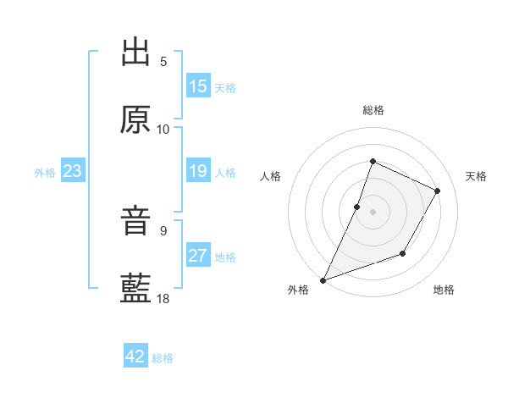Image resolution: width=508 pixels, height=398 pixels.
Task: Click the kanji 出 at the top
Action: click(x=136, y=52)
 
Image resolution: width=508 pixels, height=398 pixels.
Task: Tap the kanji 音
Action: click(x=136, y=222)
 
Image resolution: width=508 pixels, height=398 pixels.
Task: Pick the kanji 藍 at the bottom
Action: click(x=136, y=289)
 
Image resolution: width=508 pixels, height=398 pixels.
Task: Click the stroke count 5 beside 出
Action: click(x=163, y=61)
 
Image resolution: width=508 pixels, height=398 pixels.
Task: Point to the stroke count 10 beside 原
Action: click(x=163, y=129)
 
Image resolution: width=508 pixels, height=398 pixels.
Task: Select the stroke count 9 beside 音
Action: click(x=163, y=230)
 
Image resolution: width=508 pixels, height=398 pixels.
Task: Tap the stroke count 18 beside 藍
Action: click(x=163, y=298)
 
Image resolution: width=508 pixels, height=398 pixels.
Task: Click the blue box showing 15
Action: click(x=198, y=86)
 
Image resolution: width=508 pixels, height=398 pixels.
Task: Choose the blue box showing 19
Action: click(x=198, y=171)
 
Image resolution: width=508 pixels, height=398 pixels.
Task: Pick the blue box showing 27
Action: click(x=198, y=256)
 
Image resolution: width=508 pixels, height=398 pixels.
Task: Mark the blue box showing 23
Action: click(x=73, y=171)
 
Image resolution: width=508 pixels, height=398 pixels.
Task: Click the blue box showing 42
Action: click(x=135, y=357)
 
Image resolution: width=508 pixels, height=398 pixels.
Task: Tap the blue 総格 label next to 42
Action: click(x=163, y=357)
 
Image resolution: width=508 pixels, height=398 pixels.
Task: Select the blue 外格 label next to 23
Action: click(x=45, y=172)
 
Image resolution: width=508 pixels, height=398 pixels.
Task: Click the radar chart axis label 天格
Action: click(x=476, y=176)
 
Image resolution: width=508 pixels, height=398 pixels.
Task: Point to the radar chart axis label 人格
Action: click(x=271, y=176)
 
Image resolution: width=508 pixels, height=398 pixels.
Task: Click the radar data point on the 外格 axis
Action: click(x=323, y=279)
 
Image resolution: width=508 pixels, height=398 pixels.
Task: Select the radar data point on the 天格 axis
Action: click(x=437, y=191)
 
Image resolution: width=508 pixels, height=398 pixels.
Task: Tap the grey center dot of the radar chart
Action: click(x=373, y=211)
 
